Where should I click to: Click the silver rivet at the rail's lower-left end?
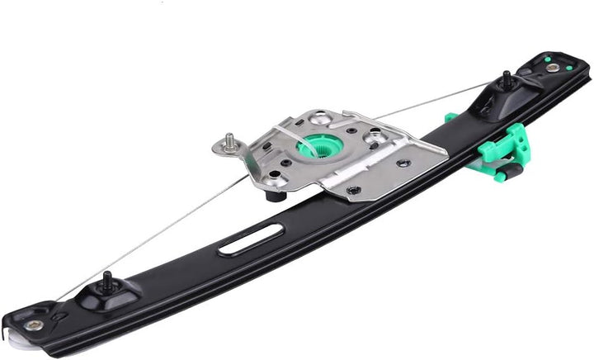point(34,324)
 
